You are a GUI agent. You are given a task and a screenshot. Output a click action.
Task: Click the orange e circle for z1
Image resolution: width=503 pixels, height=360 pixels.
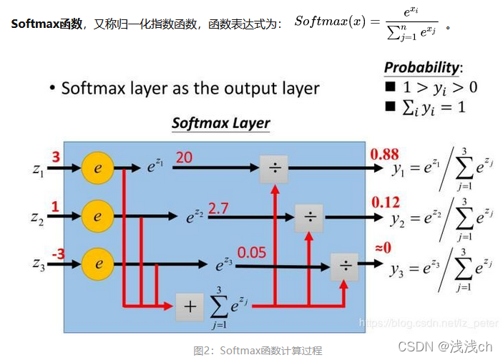click(x=99, y=170)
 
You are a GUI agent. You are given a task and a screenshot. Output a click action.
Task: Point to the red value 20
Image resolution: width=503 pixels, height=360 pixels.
click(x=184, y=157)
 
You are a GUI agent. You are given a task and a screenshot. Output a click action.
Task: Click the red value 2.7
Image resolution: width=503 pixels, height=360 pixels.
click(x=219, y=208)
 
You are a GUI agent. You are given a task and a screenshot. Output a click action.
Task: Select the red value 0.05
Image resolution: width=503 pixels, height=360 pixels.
click(x=250, y=252)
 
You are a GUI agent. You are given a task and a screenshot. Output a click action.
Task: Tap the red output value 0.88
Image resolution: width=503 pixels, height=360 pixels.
click(x=384, y=155)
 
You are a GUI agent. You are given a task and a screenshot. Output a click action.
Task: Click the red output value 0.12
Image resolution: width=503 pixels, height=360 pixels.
click(x=386, y=203)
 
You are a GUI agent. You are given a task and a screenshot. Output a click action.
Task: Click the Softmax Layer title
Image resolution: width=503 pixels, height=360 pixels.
click(x=220, y=122)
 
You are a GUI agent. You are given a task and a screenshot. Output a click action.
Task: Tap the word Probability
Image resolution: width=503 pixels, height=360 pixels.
click(x=421, y=67)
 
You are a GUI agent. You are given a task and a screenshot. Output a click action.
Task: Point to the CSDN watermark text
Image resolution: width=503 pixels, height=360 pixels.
click(x=445, y=346)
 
